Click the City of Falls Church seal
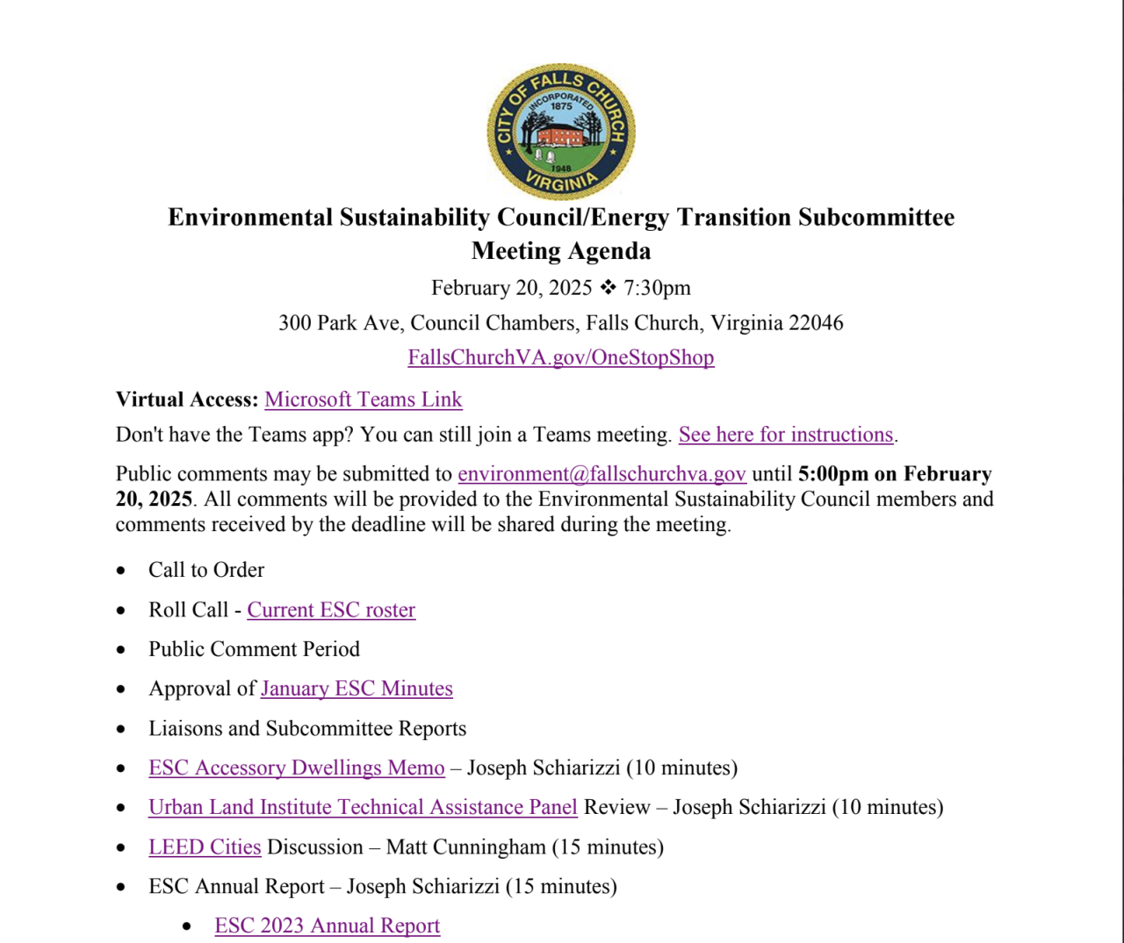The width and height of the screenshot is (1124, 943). click(561, 132)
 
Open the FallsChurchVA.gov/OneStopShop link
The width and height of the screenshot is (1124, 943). click(560, 357)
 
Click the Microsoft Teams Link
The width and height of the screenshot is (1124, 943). click(363, 400)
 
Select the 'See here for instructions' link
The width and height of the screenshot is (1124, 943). click(785, 435)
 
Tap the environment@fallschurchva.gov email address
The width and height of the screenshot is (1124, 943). click(602, 474)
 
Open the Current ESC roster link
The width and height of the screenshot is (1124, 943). click(331, 610)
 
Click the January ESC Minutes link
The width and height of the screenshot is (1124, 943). click(357, 689)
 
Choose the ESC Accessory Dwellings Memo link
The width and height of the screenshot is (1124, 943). click(296, 768)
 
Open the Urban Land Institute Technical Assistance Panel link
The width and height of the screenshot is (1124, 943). click(363, 808)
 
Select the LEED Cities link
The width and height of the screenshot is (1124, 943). click(205, 847)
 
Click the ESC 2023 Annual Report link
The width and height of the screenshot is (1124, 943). click(327, 926)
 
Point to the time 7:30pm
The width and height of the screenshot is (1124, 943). click(657, 288)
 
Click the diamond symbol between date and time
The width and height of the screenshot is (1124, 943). click(608, 287)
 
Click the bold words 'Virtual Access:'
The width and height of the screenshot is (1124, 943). click(187, 400)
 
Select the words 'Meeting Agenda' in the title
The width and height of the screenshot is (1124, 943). click(561, 251)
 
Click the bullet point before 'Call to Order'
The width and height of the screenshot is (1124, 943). click(121, 572)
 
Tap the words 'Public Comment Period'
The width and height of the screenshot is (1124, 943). click(254, 650)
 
